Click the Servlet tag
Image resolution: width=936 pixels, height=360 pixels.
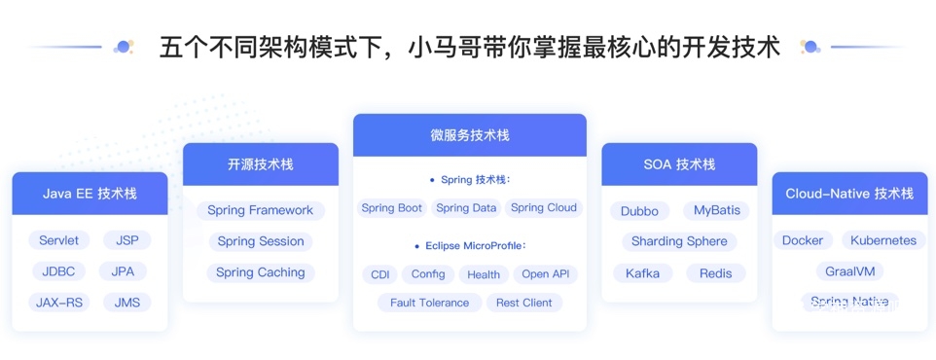(x=59, y=240)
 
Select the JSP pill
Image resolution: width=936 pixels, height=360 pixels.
(x=127, y=240)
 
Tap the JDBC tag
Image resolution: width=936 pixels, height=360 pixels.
(x=58, y=271)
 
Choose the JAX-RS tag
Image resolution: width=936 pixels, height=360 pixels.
(x=58, y=303)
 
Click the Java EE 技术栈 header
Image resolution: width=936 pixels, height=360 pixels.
(x=90, y=194)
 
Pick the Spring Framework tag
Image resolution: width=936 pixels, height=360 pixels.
(x=260, y=210)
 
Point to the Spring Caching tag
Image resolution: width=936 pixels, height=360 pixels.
(x=260, y=272)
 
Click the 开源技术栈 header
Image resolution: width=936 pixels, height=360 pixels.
(x=260, y=164)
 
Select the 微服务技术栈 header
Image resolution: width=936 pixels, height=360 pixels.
(x=470, y=135)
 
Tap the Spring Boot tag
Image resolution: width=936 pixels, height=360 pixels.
(x=391, y=208)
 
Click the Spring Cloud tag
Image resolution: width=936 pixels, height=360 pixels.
(x=544, y=208)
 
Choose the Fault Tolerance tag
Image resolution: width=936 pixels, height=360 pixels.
(x=430, y=303)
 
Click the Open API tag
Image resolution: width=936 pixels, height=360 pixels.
(x=546, y=274)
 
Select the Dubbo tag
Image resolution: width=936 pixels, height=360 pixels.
(x=640, y=211)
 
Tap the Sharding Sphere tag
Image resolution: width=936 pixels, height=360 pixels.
(x=679, y=241)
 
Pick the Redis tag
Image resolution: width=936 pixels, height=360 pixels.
(x=716, y=273)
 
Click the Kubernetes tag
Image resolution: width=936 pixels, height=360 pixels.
(x=883, y=240)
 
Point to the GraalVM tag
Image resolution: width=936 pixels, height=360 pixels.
(x=850, y=271)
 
